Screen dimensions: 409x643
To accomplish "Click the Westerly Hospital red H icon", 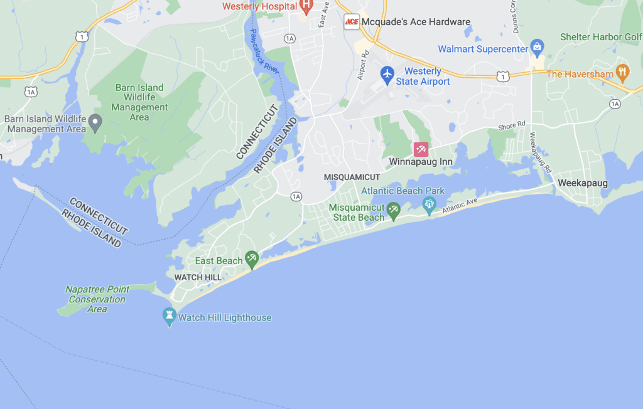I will click(306, 6).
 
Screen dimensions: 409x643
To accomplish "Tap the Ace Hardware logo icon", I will click(352, 22).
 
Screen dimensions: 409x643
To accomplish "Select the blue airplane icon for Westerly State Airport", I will click(387, 74).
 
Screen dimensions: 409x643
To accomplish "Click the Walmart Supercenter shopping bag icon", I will click(537, 46).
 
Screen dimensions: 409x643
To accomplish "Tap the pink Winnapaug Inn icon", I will click(421, 149).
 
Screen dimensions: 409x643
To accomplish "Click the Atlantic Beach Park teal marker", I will click(430, 204).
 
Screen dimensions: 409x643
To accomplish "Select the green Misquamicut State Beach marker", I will click(394, 210).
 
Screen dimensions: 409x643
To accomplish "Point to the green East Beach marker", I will click(252, 258).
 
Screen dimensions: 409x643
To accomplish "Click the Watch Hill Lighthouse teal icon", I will click(169, 316).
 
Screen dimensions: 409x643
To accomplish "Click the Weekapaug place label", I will click(580, 183).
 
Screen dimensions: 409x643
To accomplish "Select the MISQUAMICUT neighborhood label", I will click(352, 178).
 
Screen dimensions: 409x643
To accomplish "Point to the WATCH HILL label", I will click(197, 277).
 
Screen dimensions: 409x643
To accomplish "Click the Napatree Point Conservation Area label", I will click(97, 299).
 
